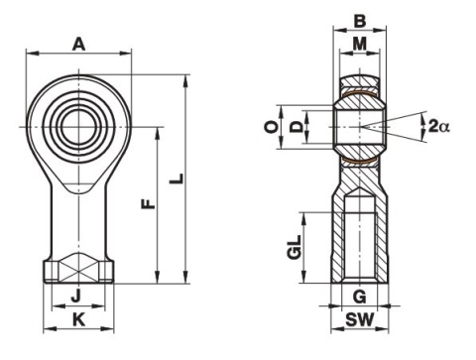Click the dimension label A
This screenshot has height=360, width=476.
pos(78,45)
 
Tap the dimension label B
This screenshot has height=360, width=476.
pos(360,22)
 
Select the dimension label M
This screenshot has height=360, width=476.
pos(360,44)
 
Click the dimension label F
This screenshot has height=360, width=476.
pos(149,204)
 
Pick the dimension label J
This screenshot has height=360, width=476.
pos(76,296)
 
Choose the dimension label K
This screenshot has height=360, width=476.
pos(78,320)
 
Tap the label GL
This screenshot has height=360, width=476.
pos(295,247)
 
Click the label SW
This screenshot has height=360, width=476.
pos(360,320)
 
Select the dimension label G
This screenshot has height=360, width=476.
pos(360,297)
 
